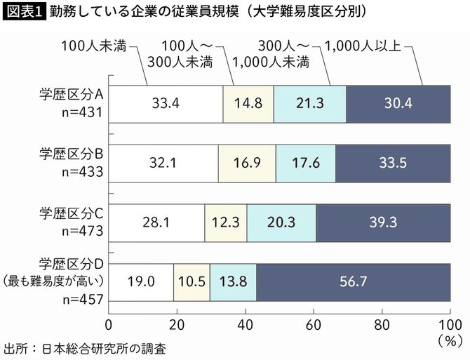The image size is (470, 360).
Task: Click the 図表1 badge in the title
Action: (24, 12)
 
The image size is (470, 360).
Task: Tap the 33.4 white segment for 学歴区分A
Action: (166, 103)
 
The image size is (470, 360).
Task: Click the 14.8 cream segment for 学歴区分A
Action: (248, 103)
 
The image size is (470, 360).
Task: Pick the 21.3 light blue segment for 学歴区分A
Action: (309, 103)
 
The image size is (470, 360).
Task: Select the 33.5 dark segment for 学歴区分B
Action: (392, 163)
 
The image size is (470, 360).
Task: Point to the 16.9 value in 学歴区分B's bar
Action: (246, 163)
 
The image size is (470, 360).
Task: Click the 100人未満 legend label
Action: (93, 47)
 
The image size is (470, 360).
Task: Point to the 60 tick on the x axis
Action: (313, 325)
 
